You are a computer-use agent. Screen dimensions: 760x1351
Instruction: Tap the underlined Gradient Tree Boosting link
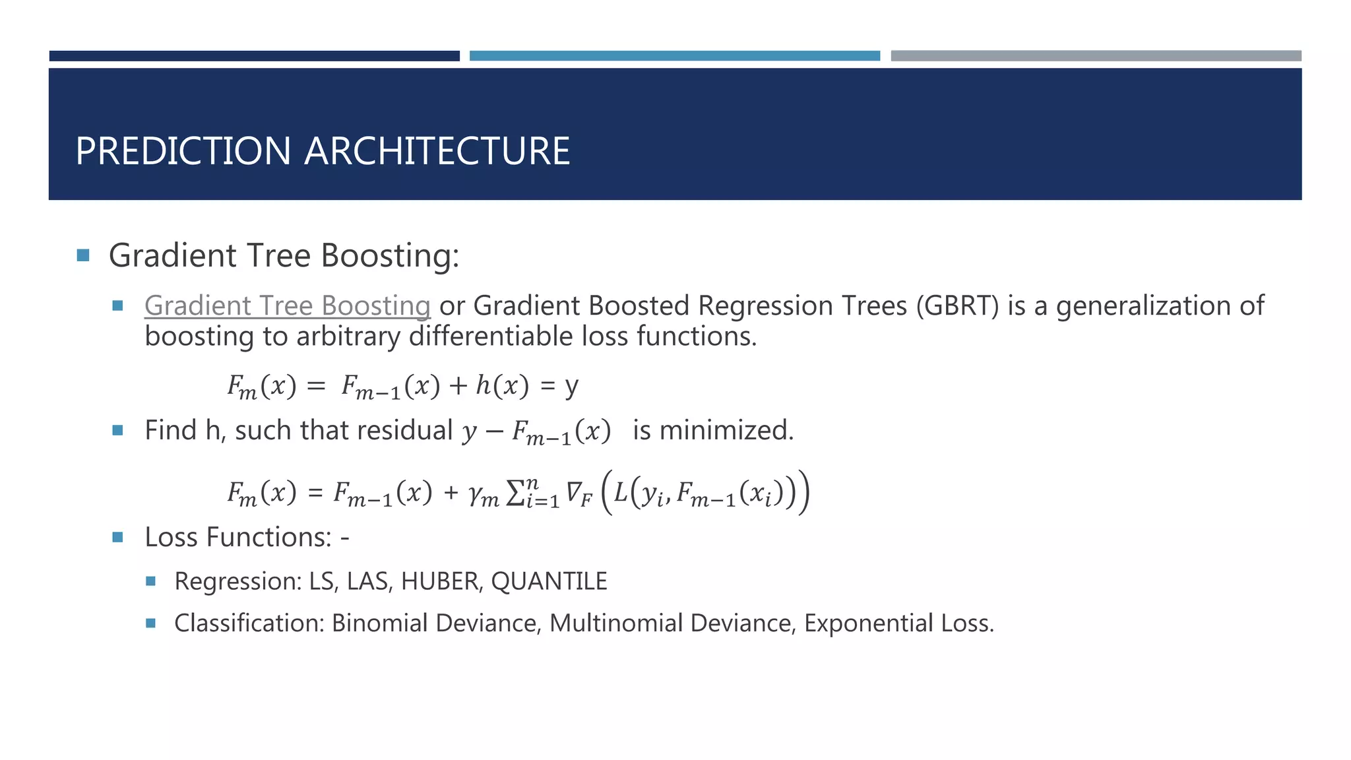pyautogui.click(x=288, y=305)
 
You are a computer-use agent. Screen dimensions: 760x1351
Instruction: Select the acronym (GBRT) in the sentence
pyautogui.click(x=957, y=305)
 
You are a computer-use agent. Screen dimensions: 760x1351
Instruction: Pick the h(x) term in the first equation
pyautogui.click(x=502, y=385)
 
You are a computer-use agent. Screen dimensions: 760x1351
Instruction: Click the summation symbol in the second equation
pyautogui.click(x=515, y=493)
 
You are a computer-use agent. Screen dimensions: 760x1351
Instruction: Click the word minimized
pyautogui.click(x=726, y=430)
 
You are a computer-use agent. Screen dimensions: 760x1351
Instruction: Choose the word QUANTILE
pyautogui.click(x=549, y=581)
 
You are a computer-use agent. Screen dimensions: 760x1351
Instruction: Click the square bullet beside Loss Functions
pyautogui.click(x=118, y=537)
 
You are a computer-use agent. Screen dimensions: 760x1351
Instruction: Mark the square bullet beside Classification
pyautogui.click(x=150, y=623)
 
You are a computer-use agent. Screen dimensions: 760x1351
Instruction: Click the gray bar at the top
pyautogui.click(x=1096, y=56)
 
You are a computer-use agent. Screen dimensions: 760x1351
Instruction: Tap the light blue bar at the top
pyautogui.click(x=674, y=56)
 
